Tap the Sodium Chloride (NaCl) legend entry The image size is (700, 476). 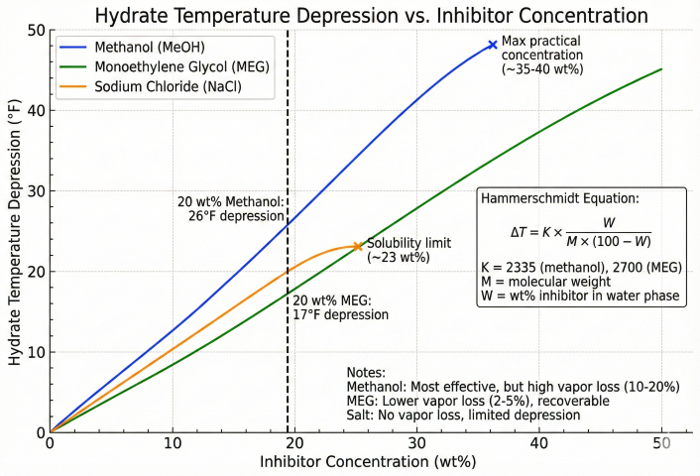click(x=158, y=87)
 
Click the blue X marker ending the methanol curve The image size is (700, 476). click(x=493, y=45)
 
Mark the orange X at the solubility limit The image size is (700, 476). click(x=357, y=247)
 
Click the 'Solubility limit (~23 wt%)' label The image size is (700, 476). click(x=408, y=250)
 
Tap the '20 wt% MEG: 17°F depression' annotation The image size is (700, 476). click(x=340, y=306)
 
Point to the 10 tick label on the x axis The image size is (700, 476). click(x=173, y=444)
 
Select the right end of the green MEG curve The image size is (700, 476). click(x=660, y=69)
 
